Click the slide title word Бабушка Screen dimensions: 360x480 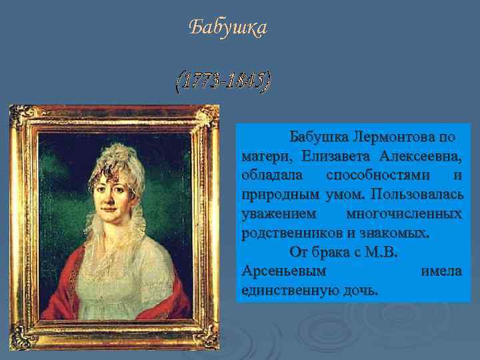(x=227, y=28)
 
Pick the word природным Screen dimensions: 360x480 (x=281, y=195)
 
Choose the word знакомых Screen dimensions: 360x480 (x=397, y=233)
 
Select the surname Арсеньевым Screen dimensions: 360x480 (x=284, y=272)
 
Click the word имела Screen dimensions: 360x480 (x=441, y=272)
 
